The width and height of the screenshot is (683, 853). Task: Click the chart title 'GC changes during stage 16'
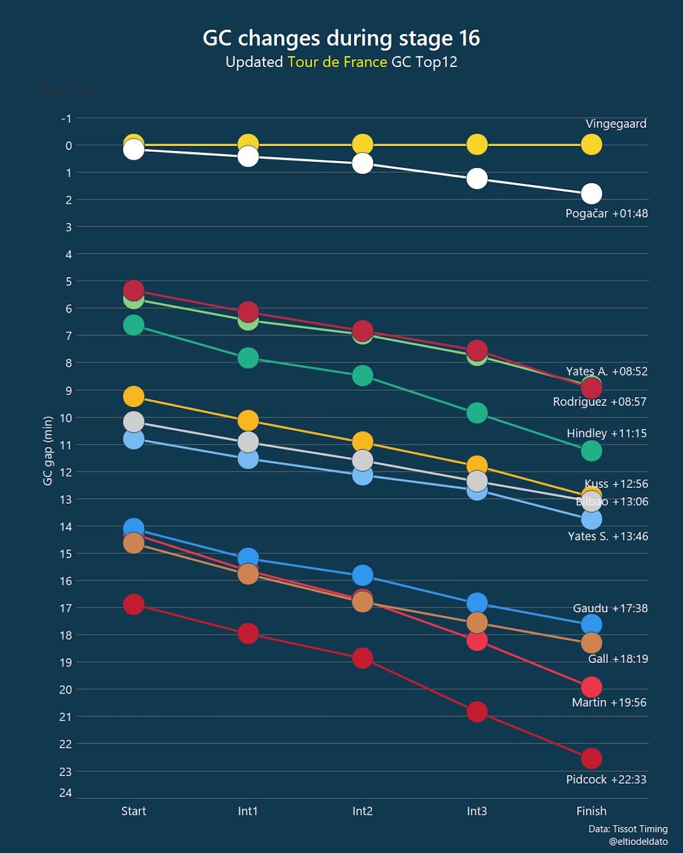point(341,38)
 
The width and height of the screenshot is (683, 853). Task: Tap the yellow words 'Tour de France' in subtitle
point(337,62)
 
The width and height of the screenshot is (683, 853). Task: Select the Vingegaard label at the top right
point(616,124)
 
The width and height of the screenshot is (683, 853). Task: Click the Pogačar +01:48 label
point(607,214)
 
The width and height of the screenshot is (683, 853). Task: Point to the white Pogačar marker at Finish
point(591,194)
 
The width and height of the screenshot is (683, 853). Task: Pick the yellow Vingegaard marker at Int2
point(363,145)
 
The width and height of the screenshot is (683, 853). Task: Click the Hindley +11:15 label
point(607,433)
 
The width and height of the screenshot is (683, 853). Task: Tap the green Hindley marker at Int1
point(248,358)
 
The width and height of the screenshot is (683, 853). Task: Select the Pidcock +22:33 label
point(606,780)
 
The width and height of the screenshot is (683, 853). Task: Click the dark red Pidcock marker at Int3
point(477,711)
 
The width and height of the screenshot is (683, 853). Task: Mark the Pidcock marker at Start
point(134,604)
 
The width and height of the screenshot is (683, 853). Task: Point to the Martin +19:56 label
point(609,703)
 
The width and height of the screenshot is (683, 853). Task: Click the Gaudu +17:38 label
point(610,608)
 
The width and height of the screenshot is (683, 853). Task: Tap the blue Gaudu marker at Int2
point(363,575)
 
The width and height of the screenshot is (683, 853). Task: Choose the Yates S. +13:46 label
point(608,536)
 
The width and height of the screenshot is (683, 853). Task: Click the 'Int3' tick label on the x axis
point(477,811)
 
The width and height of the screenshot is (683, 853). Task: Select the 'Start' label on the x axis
point(134,811)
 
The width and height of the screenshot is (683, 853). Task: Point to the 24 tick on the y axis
point(65,793)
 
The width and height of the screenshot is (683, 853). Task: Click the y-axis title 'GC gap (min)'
point(48,451)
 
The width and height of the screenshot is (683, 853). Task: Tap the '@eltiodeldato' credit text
point(638,842)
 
